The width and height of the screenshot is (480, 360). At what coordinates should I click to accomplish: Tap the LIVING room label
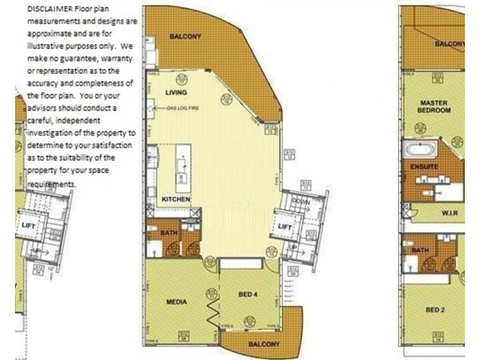pyautogui.click(x=176, y=92)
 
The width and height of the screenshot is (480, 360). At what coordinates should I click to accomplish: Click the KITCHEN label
pyautogui.click(x=176, y=199)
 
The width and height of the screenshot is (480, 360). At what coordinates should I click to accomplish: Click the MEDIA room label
pyautogui.click(x=176, y=302)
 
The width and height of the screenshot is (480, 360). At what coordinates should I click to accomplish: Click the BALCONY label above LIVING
pyautogui.click(x=185, y=36)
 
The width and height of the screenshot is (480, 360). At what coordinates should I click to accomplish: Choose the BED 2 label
pyautogui.click(x=434, y=310)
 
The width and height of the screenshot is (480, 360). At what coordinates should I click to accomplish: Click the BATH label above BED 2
pyautogui.click(x=420, y=249)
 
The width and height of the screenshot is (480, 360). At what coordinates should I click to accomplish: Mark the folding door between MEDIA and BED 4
pyautogui.click(x=213, y=310)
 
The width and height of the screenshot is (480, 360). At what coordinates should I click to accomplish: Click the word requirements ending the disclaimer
pyautogui.click(x=52, y=184)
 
